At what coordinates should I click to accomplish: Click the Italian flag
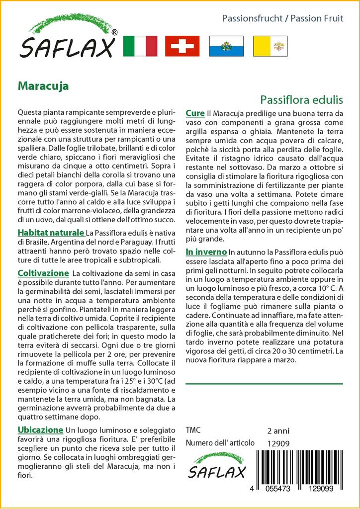[x=139, y=46]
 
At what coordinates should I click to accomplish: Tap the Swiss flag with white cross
[x=182, y=46]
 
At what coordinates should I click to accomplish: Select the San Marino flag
[x=226, y=46]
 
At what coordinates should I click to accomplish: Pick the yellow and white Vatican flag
[x=269, y=46]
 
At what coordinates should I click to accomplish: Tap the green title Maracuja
[x=43, y=85]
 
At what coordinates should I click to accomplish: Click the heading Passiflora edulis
[x=301, y=99]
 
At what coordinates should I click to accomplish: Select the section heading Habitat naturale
[x=51, y=233]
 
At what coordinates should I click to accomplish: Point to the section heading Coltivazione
[x=43, y=273]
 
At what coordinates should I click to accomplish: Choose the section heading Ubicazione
[x=40, y=430]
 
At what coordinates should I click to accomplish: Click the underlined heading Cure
[x=195, y=113]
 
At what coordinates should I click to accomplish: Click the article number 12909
[x=278, y=443]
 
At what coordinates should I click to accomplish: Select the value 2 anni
[x=278, y=431]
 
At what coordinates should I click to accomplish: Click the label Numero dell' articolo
[x=220, y=443]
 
